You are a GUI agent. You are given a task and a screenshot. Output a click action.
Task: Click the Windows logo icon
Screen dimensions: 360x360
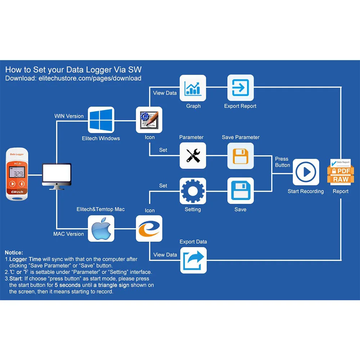(101, 120)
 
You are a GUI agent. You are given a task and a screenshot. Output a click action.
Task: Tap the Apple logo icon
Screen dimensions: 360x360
(101, 229)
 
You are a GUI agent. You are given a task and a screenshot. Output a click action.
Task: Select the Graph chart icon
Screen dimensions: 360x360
(193, 88)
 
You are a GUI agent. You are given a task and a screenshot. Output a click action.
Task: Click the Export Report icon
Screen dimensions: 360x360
(240, 88)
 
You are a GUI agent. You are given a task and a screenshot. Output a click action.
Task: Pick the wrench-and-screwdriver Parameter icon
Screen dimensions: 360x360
(193, 156)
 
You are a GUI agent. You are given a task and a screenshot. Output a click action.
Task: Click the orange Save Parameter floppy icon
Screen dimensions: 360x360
(240, 156)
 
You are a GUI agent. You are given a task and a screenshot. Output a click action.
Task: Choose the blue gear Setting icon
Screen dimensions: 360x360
(193, 191)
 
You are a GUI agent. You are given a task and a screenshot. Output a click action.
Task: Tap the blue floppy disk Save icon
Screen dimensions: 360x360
(240, 191)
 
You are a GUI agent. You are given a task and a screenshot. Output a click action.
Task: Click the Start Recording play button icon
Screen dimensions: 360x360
(306, 172)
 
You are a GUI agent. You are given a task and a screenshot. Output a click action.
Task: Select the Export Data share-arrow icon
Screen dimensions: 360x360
(193, 260)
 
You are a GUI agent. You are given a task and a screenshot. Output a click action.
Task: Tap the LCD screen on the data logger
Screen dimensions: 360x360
(17, 174)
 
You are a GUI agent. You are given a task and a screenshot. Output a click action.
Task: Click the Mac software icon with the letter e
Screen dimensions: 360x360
(149, 229)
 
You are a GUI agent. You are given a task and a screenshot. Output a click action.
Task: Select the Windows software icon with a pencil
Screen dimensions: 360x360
(149, 120)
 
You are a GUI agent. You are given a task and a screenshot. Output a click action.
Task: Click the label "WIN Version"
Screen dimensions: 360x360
(69, 116)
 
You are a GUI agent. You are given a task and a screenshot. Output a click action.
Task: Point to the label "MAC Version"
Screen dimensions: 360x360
(68, 234)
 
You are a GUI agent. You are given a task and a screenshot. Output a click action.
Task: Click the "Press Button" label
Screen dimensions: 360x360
(282, 162)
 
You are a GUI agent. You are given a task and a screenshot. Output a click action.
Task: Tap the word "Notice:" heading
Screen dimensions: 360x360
(14, 253)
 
